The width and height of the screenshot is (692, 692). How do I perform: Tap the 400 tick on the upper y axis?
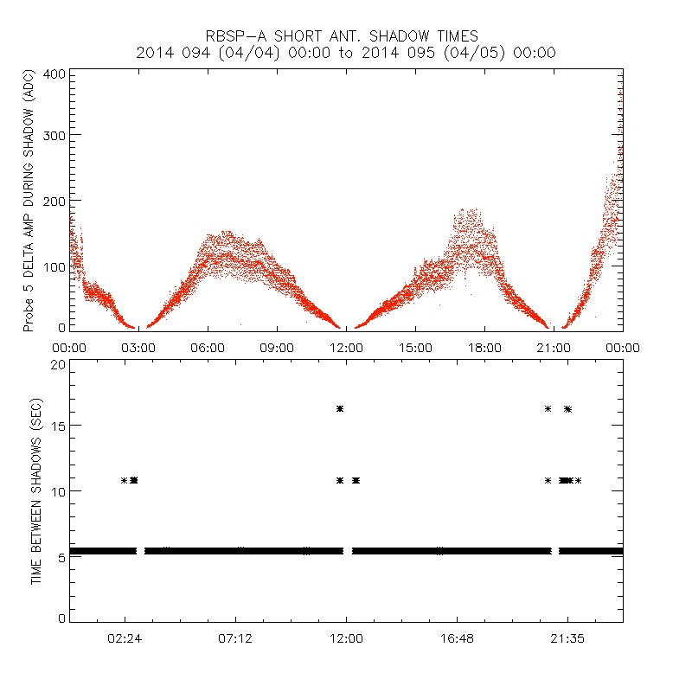55,74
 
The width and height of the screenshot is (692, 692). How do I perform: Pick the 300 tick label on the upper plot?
55,135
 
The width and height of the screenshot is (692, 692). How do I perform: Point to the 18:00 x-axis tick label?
484,347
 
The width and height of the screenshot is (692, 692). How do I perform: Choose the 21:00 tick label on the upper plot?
554,347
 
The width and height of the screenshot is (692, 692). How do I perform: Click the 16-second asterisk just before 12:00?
340,408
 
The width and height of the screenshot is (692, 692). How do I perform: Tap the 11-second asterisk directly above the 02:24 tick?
125,480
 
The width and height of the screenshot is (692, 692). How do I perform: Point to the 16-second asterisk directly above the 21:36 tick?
567,408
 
